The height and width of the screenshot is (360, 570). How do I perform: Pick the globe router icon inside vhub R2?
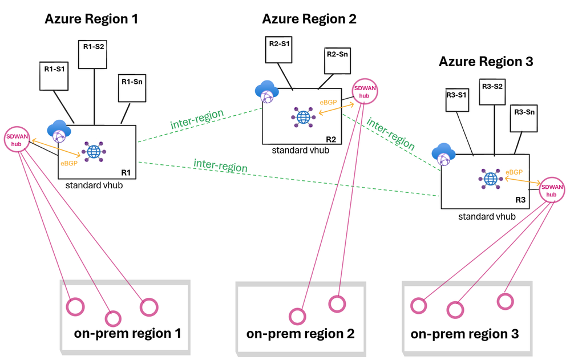(303, 117)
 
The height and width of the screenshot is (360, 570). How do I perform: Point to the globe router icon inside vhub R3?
(491, 179)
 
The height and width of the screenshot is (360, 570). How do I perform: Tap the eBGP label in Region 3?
(514, 172)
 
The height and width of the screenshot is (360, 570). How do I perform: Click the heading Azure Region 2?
(309, 19)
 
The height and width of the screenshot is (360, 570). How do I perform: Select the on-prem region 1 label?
(128, 333)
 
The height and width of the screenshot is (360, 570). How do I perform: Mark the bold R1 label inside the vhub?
(126, 173)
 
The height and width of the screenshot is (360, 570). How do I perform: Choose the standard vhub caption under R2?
(301, 150)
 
